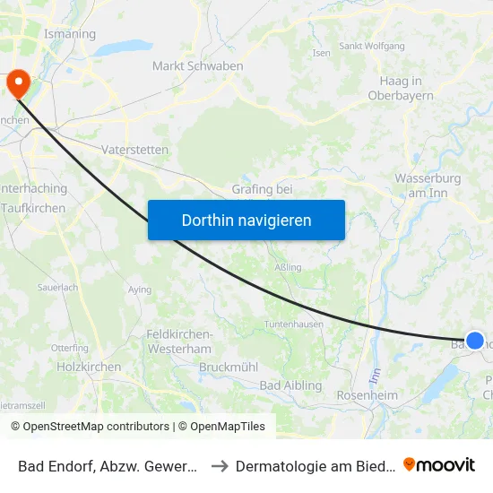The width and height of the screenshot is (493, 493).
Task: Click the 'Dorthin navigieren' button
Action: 246,220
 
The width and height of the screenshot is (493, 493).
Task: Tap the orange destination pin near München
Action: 17,82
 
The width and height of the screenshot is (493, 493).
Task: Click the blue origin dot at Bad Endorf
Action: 475,341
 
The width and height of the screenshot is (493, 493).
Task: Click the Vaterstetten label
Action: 135,150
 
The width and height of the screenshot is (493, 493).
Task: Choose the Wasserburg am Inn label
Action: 428,186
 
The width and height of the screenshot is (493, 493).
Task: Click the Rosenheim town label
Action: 366,395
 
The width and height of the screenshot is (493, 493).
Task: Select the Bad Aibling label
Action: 290,385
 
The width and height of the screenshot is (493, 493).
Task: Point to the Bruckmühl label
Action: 228,368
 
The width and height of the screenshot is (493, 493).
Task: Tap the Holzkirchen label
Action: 89,367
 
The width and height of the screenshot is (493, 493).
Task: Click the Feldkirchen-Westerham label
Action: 178,341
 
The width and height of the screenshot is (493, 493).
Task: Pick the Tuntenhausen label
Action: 293,324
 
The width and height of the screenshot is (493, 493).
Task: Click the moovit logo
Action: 439,464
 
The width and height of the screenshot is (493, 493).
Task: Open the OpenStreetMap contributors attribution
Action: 96,427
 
